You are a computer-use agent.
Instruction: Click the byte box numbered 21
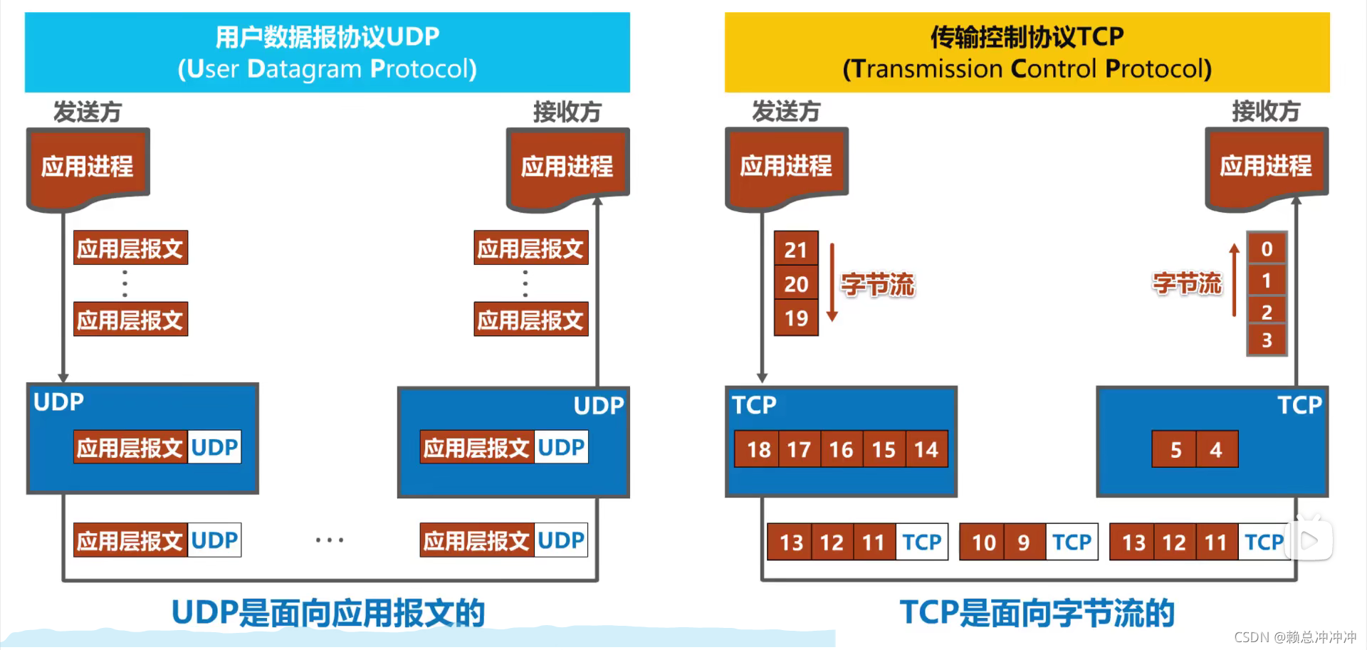click(796, 249)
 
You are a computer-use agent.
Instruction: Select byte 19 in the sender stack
click(796, 318)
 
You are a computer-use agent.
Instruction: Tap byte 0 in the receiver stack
click(1267, 248)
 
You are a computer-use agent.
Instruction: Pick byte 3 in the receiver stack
click(1267, 340)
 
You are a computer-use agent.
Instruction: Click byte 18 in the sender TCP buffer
click(758, 449)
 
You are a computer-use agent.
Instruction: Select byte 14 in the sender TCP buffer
click(926, 449)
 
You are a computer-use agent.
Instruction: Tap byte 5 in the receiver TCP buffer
click(1175, 449)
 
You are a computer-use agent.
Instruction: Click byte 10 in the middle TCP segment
click(983, 542)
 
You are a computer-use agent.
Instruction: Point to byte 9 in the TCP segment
click(1024, 542)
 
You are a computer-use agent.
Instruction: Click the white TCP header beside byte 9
click(1072, 542)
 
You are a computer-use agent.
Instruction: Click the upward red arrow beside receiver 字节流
click(1235, 281)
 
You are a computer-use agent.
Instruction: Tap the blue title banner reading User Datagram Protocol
click(328, 53)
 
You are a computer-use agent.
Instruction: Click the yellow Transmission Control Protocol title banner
click(1027, 53)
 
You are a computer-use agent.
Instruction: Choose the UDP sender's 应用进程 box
click(88, 167)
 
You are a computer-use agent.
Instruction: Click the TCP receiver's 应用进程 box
click(1266, 167)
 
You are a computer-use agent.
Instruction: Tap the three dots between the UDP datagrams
click(330, 540)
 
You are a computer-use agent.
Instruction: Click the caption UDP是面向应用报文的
click(328, 612)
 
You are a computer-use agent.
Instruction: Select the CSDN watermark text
click(1294, 637)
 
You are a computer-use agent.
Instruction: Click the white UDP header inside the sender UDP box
click(214, 447)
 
